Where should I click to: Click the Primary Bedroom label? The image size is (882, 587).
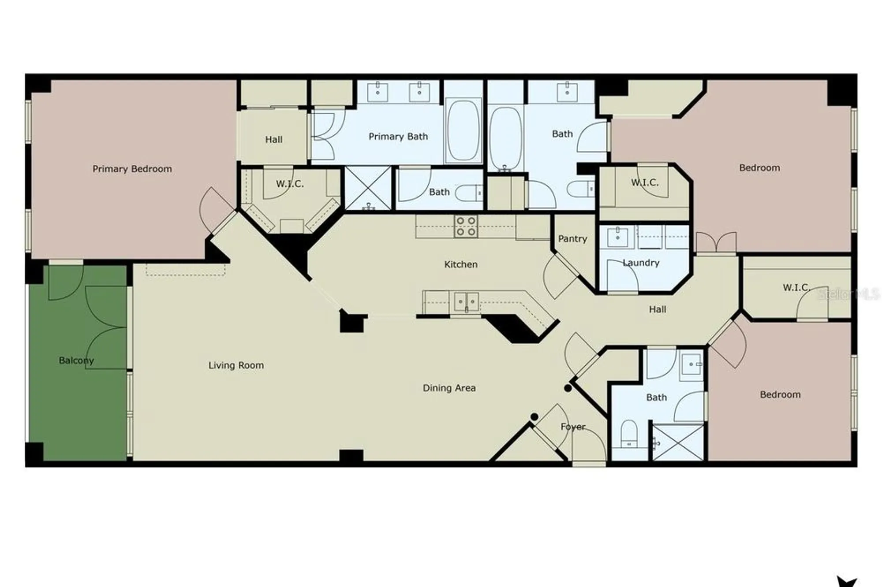coord(132,169)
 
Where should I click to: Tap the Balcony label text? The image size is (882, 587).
coord(76,360)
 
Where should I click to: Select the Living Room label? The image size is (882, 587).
coord(236,365)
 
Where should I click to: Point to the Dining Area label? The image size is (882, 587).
coord(449,388)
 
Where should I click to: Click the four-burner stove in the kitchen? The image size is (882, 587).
coord(466,226)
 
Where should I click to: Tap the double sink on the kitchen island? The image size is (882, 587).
coord(466,302)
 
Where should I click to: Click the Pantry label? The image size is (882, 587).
coord(572,239)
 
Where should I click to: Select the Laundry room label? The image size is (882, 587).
coord(641,263)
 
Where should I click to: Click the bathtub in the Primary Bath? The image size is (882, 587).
coord(463,130)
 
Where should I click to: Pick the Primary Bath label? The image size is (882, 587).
coord(398,137)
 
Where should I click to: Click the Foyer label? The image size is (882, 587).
coord(573,427)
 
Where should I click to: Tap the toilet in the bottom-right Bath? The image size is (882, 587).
coord(629,434)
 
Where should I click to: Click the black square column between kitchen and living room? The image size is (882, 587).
coord(351,322)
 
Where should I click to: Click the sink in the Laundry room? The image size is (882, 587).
coord(617,238)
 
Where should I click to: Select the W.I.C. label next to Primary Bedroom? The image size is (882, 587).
coord(290,184)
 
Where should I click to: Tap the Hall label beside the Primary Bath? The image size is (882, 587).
coord(273,140)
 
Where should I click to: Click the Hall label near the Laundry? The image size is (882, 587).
coord(657,309)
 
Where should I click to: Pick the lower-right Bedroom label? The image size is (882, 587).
coord(780,394)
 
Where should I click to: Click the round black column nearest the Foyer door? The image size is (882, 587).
coord(534,416)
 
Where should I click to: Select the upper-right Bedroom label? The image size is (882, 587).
coord(759,168)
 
